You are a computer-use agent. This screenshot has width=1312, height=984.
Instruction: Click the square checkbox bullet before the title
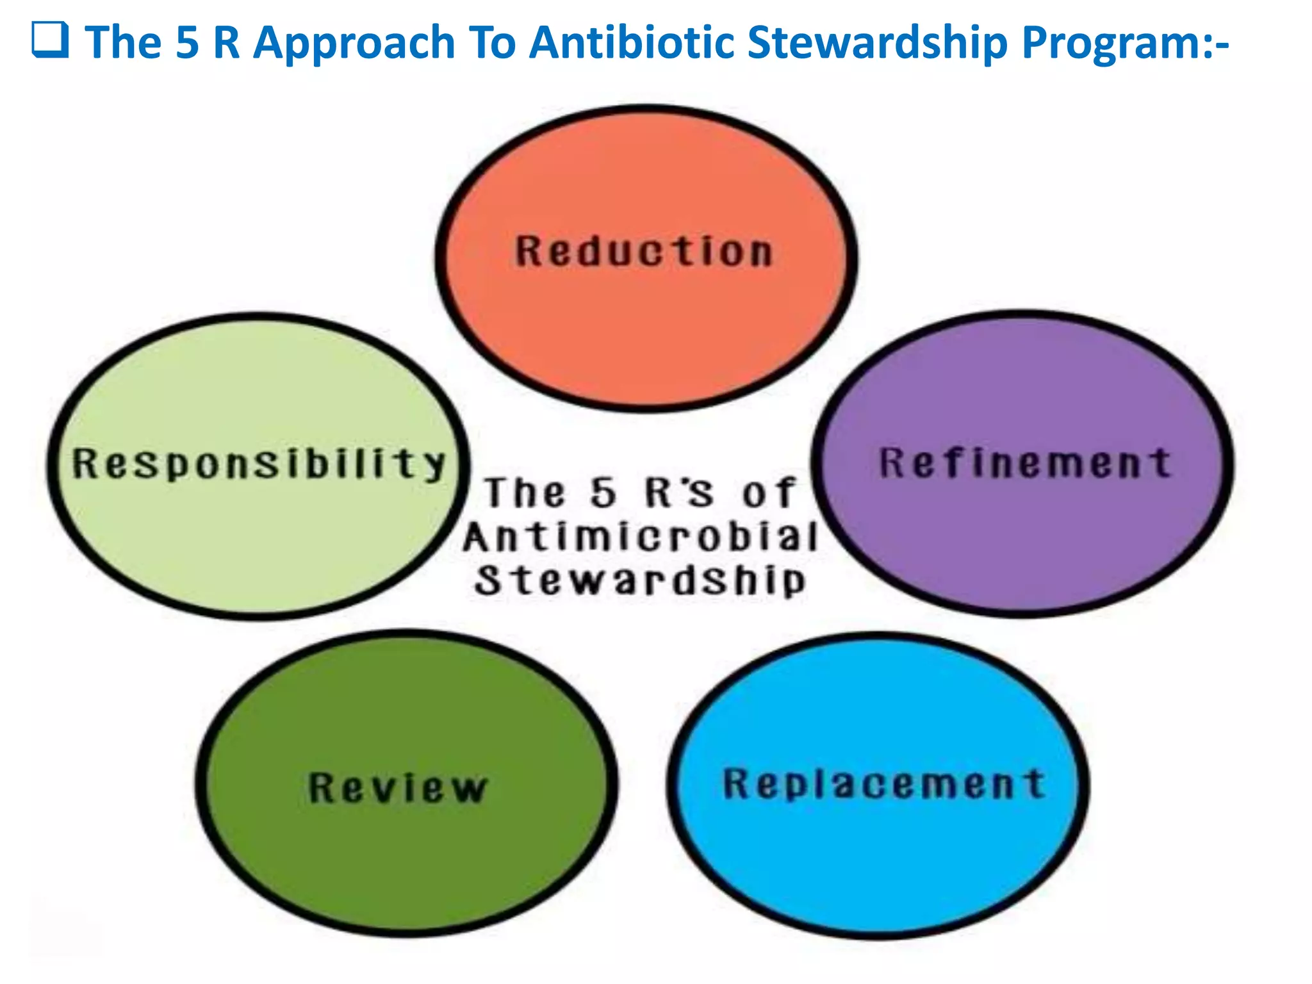50,40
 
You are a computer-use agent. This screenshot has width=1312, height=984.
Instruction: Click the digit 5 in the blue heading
188,43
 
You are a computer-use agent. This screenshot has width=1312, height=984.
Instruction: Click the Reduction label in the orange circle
644,251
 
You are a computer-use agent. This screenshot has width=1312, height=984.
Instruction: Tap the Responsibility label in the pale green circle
259,463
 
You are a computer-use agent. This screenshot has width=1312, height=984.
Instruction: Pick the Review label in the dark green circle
398,787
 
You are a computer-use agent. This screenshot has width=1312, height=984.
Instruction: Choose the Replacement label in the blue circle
884,783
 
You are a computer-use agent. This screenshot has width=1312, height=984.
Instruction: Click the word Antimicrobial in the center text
641,536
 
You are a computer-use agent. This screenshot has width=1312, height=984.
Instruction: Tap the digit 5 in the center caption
603,493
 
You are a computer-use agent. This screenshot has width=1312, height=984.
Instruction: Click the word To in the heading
493,43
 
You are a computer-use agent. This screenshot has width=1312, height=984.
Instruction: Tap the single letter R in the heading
226,43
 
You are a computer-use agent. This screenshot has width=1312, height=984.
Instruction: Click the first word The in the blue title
124,43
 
